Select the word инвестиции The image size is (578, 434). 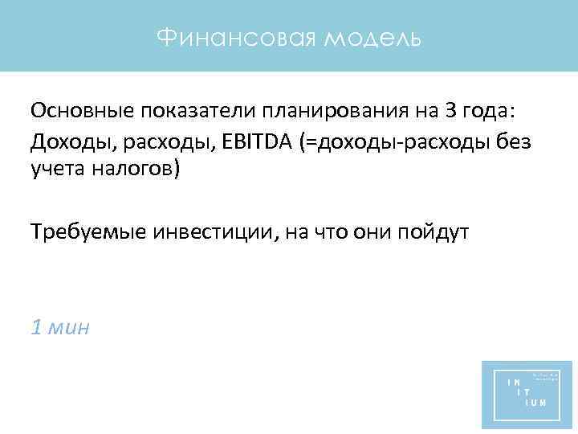click(206, 232)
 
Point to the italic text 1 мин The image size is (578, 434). click(60, 327)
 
